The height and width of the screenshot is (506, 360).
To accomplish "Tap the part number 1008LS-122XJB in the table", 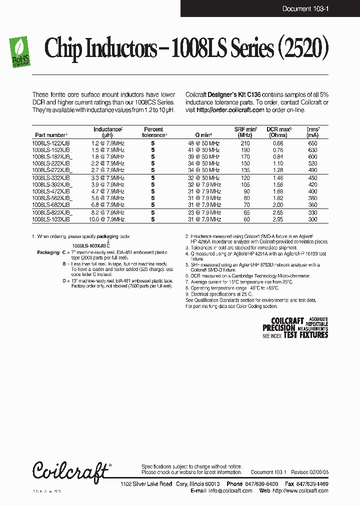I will pyautogui.click(x=51, y=143).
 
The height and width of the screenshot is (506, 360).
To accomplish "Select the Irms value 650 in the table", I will pyautogui.click(x=312, y=143).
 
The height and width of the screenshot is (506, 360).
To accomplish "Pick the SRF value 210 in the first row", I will pyautogui.click(x=245, y=143).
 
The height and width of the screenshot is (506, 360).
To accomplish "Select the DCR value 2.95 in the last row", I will pyautogui.click(x=278, y=219).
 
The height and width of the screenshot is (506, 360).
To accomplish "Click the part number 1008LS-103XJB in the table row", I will pyautogui.click(x=51, y=219).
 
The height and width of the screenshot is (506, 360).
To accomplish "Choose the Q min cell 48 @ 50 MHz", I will pyautogui.click(x=203, y=143).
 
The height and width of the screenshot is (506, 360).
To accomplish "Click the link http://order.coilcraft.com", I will pyautogui.click(x=230, y=109).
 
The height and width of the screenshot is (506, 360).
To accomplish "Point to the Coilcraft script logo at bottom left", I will pyautogui.click(x=70, y=470).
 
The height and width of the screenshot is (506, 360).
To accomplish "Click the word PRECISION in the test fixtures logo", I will pyautogui.click(x=279, y=328).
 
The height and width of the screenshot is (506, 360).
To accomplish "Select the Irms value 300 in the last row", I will pyautogui.click(x=312, y=219).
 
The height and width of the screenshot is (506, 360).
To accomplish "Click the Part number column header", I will pyautogui.click(x=50, y=135).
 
